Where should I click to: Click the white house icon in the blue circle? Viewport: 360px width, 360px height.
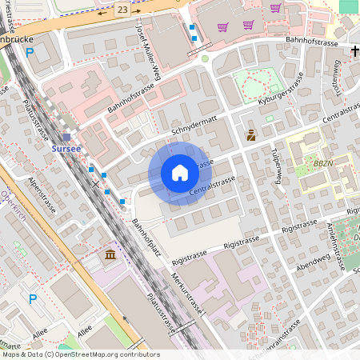coord(180,173)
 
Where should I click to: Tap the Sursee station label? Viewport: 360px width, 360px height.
coord(66,149)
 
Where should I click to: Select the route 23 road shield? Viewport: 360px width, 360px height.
coord(122,8)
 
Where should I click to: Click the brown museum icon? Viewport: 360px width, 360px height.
coord(110,254)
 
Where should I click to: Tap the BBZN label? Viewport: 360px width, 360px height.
coord(324,162)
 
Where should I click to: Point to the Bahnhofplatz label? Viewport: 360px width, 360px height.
coord(147,238)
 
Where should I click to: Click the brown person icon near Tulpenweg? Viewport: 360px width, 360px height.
coord(251,135)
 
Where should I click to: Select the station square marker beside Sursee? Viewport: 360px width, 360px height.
coord(66,137)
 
